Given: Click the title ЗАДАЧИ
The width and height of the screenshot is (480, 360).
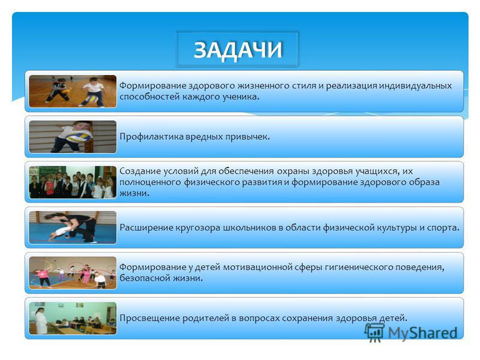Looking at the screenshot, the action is [238, 50].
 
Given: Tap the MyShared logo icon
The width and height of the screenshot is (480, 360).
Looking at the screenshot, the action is [374, 332].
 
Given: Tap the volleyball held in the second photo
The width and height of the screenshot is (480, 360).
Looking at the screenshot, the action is [79, 136].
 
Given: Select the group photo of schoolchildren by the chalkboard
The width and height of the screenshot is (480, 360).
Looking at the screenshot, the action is [73, 182].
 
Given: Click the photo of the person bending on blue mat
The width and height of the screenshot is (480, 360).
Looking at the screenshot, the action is [73, 227].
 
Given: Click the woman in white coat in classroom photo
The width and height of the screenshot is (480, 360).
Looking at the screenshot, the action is [40, 320].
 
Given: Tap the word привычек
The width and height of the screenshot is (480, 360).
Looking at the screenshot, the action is [247, 137].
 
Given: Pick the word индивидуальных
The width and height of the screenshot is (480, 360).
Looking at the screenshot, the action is [415, 86].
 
